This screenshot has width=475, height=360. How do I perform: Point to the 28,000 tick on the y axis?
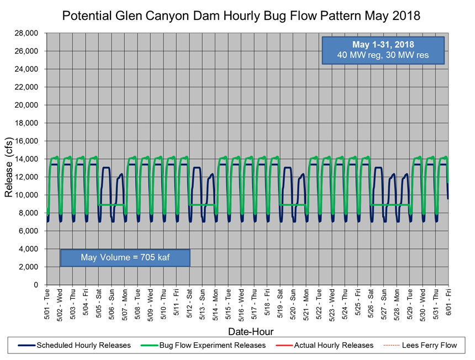point(26,33)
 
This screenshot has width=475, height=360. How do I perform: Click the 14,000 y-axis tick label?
point(26,159)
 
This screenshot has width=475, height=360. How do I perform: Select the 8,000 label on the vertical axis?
point(28,213)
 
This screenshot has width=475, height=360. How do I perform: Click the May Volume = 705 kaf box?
point(125,257)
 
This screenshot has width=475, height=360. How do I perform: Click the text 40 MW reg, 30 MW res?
point(383,55)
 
